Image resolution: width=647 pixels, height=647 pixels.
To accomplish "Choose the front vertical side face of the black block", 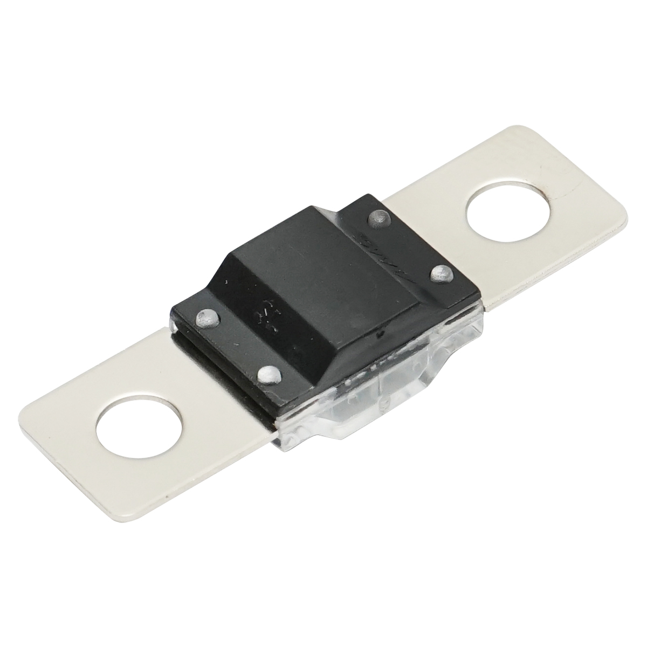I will [345, 367].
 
